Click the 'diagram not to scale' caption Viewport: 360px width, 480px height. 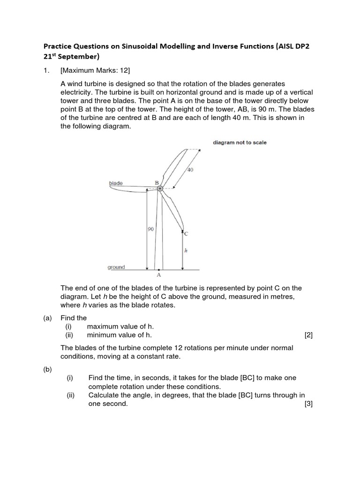[240, 142]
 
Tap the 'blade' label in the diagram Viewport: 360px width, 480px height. [116, 183]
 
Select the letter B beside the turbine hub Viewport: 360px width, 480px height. [157, 182]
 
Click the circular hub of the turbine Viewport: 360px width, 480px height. [160, 188]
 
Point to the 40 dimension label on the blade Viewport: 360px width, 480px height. [190, 170]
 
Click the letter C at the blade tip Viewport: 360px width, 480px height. [186, 233]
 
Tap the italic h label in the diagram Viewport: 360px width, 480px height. [186, 251]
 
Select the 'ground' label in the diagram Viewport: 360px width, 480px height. [116, 267]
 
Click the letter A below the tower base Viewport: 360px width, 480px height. [159, 275]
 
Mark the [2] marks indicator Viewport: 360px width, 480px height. [308, 335]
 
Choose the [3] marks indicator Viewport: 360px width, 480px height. [308, 404]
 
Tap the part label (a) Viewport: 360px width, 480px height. [47, 318]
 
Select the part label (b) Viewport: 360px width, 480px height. [47, 369]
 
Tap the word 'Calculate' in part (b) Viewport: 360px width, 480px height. [104, 395]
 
